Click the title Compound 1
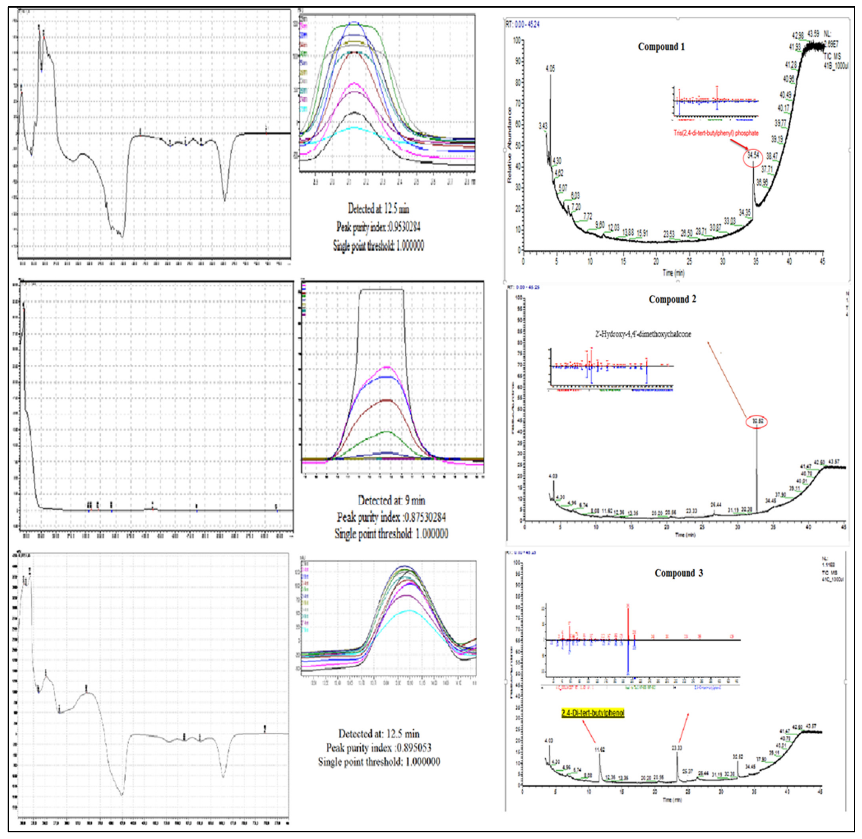(661, 47)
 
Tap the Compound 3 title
(679, 573)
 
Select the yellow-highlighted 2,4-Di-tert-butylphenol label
(593, 712)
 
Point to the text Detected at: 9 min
(391, 500)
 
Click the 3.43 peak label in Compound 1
(543, 126)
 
